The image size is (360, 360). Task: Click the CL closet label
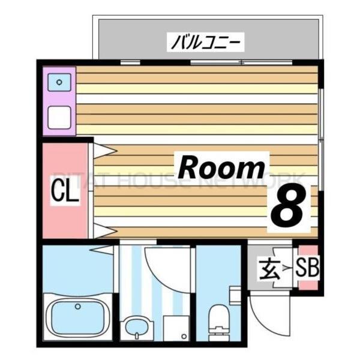[65, 193]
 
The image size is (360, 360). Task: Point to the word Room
[221, 167]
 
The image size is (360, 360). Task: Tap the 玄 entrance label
[268, 268]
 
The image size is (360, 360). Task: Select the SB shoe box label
[310, 268]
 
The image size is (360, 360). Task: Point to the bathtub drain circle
[77, 307]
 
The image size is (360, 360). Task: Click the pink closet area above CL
[65, 159]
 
